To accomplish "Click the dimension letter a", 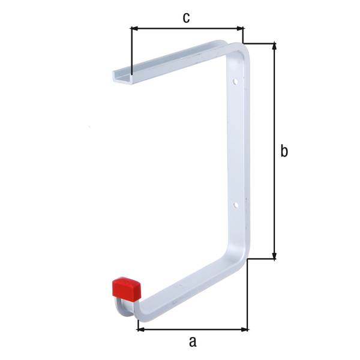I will [192, 341].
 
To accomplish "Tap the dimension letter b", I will [284, 151].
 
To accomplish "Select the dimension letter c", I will [186, 18].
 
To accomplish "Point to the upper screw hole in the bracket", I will [236, 80].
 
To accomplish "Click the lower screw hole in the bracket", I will [236, 205].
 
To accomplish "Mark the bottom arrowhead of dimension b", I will [275, 255].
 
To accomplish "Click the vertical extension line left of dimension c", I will [131, 51].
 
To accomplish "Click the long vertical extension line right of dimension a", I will [248, 294].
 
